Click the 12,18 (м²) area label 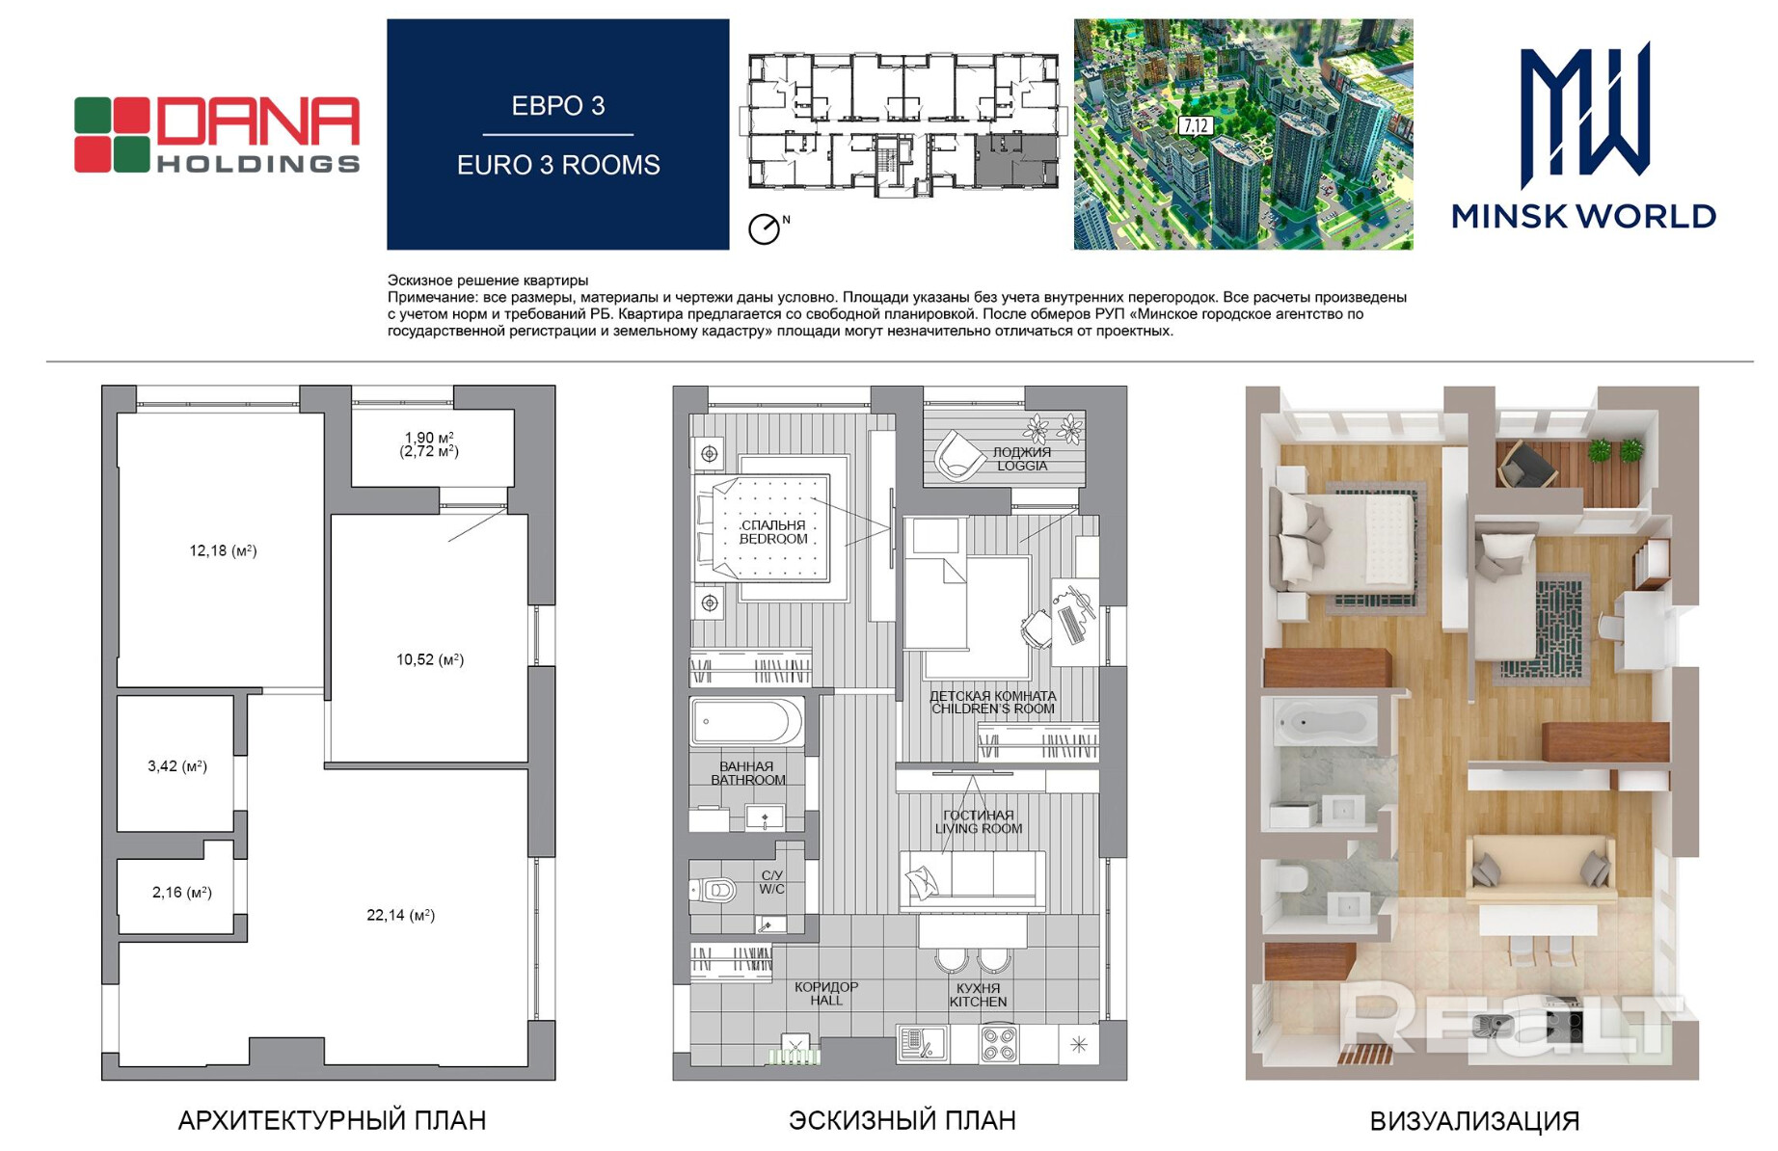(x=223, y=550)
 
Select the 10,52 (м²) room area (x=430, y=659)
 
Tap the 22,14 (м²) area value (x=400, y=915)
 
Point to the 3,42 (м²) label (x=177, y=766)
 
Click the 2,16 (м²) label (x=182, y=893)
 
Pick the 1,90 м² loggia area (x=429, y=438)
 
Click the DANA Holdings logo (x=217, y=135)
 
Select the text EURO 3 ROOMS (x=558, y=165)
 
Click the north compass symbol (x=765, y=228)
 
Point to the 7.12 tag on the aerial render (x=1196, y=125)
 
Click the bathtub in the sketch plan (x=746, y=721)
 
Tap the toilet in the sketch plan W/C (x=714, y=890)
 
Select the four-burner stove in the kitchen (x=998, y=1044)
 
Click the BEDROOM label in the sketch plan (x=773, y=539)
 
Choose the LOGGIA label (x=1022, y=466)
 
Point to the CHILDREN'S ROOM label (x=993, y=709)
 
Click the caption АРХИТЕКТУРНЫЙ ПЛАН (x=332, y=1120)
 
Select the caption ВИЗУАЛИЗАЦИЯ (x=1474, y=1121)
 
